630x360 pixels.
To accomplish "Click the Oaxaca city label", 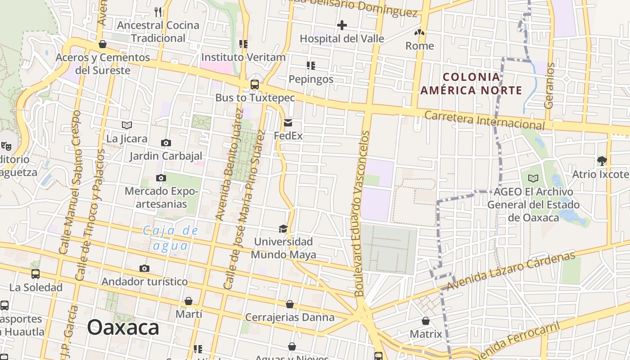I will [123, 327].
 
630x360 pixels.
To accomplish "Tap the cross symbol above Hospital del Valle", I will [342, 25].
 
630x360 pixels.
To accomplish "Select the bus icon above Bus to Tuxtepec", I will [255, 84].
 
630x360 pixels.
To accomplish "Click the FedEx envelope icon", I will [288, 123].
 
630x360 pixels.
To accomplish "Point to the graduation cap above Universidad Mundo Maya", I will [283, 229].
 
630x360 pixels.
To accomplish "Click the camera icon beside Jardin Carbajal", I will [166, 143].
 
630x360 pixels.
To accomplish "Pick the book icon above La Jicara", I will [127, 125].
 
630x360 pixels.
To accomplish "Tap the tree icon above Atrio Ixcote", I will [602, 161].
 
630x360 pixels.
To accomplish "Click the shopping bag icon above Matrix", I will [426, 321].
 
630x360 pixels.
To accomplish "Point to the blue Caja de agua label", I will [171, 238].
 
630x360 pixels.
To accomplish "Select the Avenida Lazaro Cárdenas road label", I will [511, 271].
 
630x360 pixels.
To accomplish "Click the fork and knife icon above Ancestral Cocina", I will [157, 12].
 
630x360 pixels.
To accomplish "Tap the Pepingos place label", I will [311, 79].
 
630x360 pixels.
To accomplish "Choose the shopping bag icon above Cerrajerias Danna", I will [290, 304].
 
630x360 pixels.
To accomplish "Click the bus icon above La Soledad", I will [36, 274].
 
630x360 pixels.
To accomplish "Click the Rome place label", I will [420, 46].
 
